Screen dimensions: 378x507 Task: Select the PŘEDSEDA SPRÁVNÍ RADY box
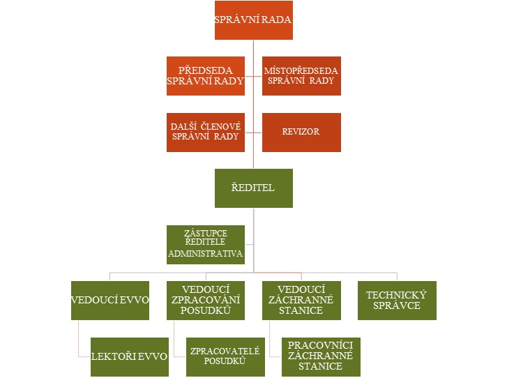click(x=206, y=76)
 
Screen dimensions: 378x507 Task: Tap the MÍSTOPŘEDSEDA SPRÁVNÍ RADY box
click(x=301, y=76)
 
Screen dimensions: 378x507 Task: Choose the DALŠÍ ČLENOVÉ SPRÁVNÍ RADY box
click(x=206, y=132)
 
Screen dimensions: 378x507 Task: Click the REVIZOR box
click(x=301, y=132)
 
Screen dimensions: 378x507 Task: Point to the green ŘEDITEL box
click(x=253, y=188)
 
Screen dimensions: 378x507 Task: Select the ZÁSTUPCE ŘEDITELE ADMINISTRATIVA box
click(x=206, y=244)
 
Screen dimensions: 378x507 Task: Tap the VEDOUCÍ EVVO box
click(x=110, y=300)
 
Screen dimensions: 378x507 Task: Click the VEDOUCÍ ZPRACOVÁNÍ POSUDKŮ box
click(x=206, y=300)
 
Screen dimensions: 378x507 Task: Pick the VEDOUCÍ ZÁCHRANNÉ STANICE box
click(x=301, y=300)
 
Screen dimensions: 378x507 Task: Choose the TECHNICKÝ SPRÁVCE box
click(x=397, y=300)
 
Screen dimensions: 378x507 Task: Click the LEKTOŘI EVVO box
click(x=130, y=356)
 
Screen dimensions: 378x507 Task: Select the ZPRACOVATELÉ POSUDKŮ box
click(x=225, y=356)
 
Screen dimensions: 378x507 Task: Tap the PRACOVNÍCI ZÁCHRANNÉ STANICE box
click(x=320, y=356)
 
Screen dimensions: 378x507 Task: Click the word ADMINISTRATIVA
click(x=206, y=254)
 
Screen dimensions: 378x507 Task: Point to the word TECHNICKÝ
click(x=397, y=295)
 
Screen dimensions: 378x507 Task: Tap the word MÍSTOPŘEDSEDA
click(x=301, y=70)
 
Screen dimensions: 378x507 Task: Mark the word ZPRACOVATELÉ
click(x=225, y=351)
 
